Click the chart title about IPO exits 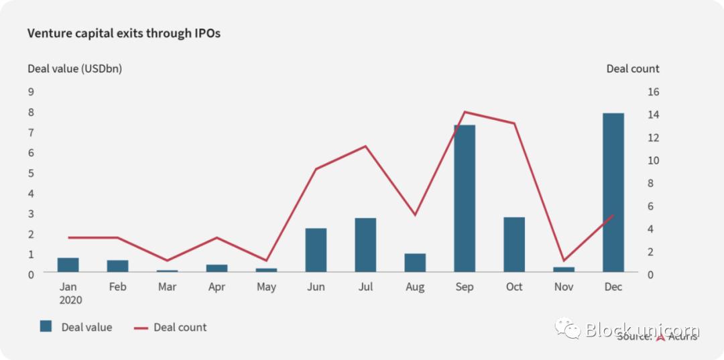[124, 34]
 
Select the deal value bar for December [613, 192]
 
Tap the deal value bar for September [465, 198]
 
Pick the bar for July [365, 245]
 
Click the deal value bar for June [316, 250]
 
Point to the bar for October [514, 245]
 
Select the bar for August [415, 263]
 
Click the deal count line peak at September [465, 112]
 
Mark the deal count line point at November [564, 260]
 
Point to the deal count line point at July [365, 146]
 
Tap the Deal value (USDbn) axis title [74, 68]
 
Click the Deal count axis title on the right [632, 68]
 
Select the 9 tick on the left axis [31, 92]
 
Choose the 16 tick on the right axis [652, 92]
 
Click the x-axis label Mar [167, 287]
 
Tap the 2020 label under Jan [71, 300]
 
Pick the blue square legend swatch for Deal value [46, 326]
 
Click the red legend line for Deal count [140, 328]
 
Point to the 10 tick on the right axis [652, 160]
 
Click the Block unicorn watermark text [642, 329]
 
